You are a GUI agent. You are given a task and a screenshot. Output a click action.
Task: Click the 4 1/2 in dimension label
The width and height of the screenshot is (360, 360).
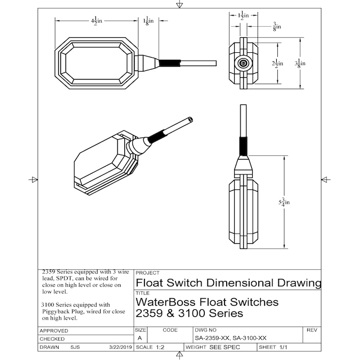pos(96,21)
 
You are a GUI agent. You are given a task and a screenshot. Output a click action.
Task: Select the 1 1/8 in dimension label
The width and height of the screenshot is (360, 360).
pos(149,21)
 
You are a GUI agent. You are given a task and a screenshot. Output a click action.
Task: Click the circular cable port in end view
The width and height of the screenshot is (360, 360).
pos(244,63)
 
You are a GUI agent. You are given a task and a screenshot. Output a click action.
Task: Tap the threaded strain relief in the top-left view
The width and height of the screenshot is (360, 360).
pos(170,62)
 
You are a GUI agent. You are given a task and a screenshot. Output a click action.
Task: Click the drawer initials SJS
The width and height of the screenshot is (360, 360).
pos(76,347)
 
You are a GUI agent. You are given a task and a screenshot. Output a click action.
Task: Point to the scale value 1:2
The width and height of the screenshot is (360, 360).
pos(159,347)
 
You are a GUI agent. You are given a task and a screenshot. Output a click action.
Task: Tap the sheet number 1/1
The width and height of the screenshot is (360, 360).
pos(283,347)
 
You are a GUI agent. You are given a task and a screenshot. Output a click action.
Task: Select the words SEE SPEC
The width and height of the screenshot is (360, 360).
pos(225,347)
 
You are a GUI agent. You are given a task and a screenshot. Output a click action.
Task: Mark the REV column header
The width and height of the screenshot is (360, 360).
pos(312,331)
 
